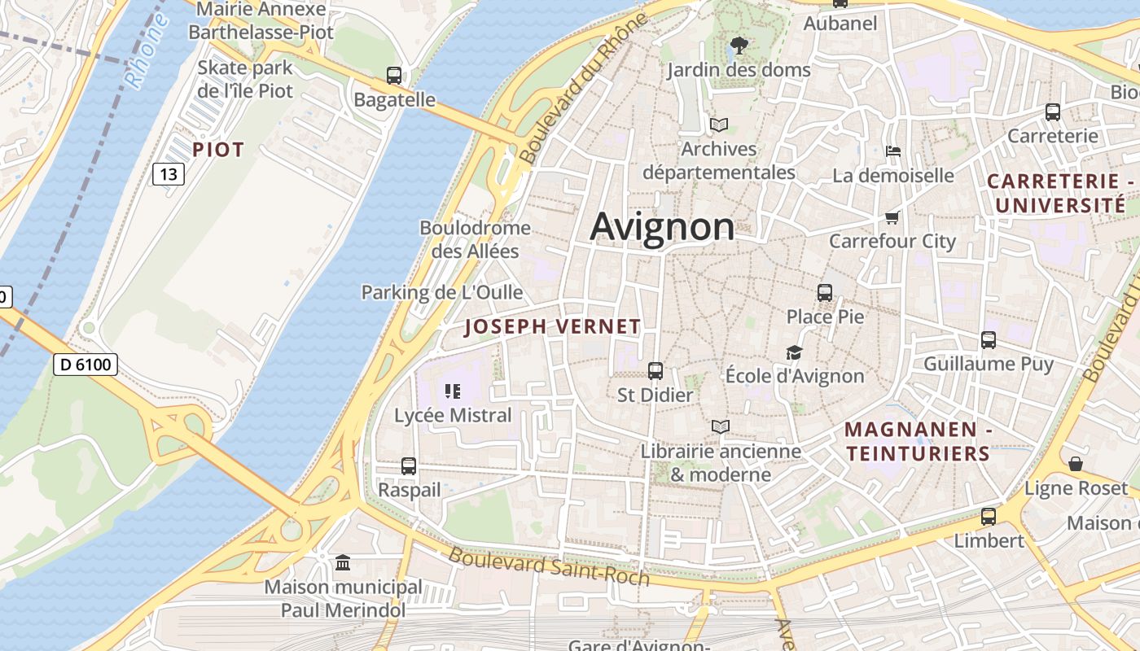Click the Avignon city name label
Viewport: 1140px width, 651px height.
click(662, 226)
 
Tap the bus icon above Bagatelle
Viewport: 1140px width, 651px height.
click(394, 76)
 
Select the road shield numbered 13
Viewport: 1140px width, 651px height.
click(169, 173)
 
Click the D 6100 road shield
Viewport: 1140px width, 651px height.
click(86, 365)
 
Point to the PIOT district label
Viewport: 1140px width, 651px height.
click(218, 150)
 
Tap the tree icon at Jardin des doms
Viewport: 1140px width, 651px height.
click(739, 45)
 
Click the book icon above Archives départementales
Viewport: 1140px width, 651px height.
click(718, 125)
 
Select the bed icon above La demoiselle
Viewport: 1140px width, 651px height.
click(893, 151)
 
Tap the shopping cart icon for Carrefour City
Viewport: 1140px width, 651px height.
click(892, 217)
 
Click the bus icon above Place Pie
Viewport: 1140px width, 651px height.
click(825, 292)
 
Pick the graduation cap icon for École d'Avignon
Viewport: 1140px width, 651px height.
click(794, 352)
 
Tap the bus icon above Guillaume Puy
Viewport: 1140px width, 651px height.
click(989, 339)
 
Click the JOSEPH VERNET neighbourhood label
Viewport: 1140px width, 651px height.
click(552, 327)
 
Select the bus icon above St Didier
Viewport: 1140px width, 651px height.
click(655, 371)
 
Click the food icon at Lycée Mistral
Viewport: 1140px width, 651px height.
click(453, 391)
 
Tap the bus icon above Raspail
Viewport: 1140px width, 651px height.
click(409, 466)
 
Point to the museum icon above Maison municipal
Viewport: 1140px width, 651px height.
click(343, 562)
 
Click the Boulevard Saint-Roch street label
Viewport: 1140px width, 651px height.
click(549, 567)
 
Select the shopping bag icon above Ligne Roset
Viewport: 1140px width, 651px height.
click(1076, 464)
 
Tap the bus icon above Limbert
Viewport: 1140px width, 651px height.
click(989, 516)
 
